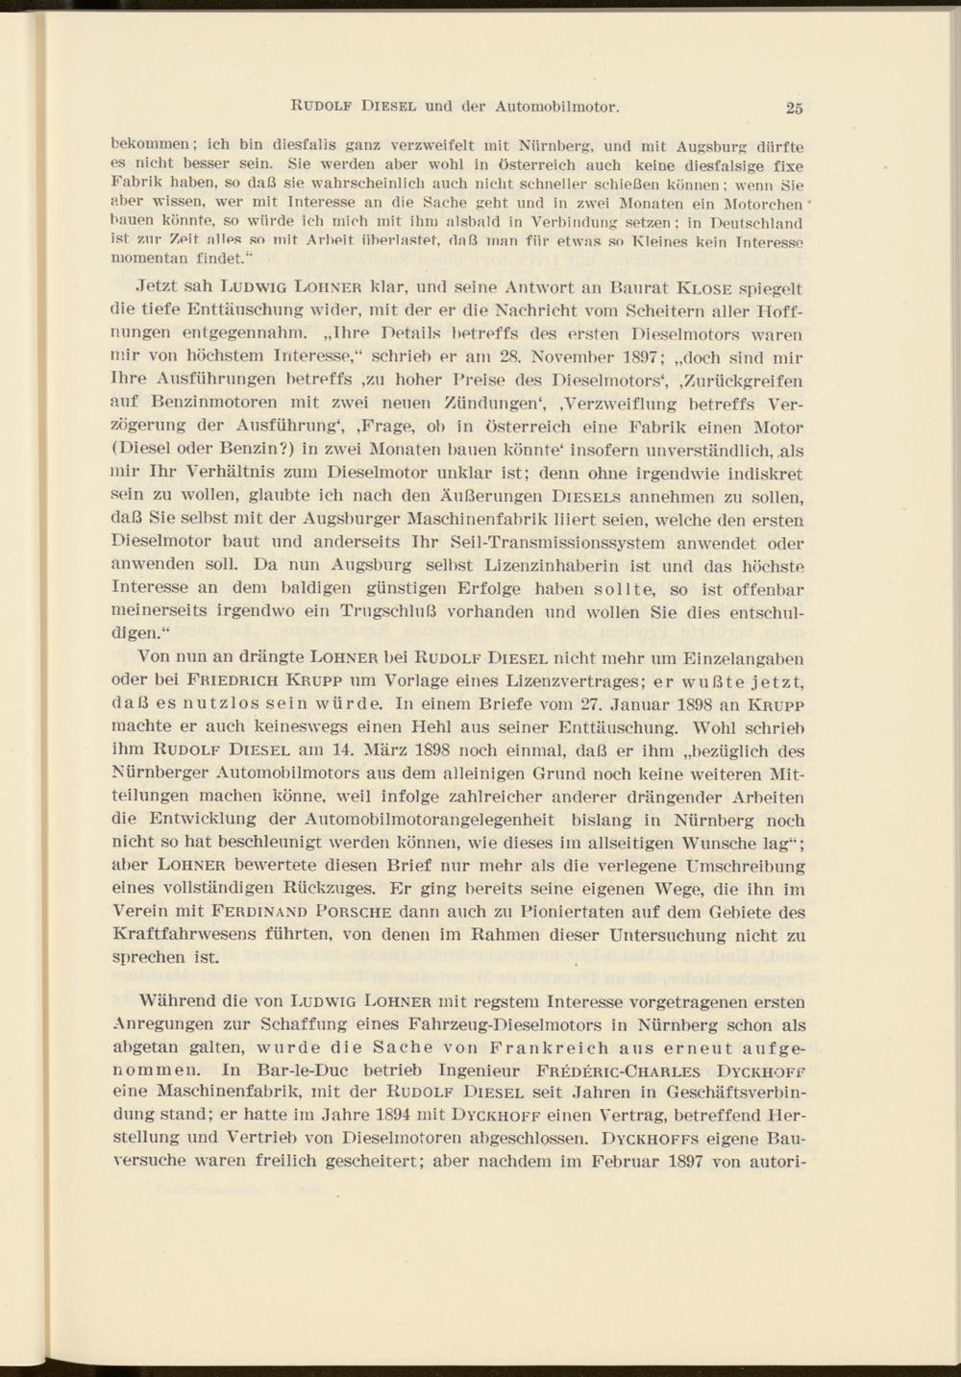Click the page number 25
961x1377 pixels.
(793, 106)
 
